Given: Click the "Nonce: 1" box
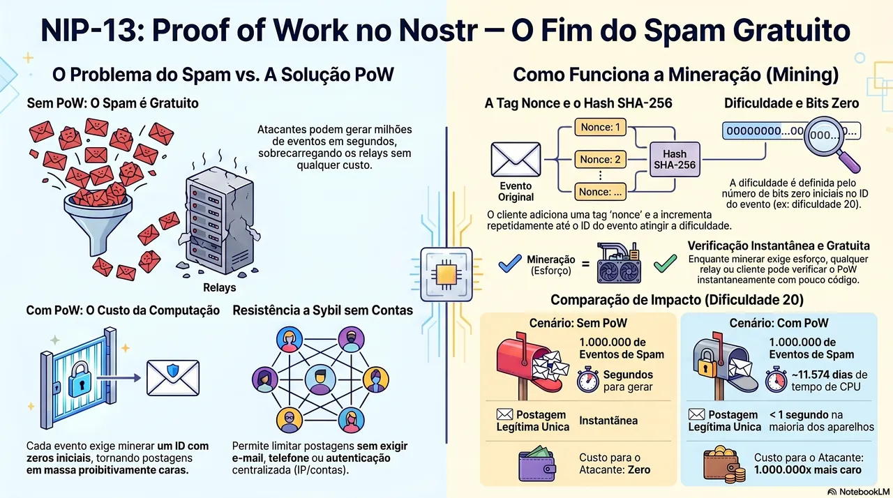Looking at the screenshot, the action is pos(600,127).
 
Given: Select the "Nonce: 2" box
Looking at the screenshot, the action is pos(600,159).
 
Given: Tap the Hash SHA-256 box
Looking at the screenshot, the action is pos(675,159).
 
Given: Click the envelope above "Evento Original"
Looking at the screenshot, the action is pos(516,159).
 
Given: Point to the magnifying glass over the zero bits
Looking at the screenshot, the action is pos(830,142).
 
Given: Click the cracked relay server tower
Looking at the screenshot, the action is pos(220,221).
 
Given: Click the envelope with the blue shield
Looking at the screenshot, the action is pos(172,377).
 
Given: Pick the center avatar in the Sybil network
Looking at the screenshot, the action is pos(320,379).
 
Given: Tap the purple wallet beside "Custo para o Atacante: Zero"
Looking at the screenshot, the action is pos(537,463).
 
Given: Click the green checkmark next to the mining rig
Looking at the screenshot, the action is pos(666,264).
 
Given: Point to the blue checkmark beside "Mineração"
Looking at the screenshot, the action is pos(510,264).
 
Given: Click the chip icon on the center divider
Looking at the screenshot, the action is pos(446,275).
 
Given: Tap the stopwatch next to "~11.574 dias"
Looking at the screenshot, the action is pos(776,379).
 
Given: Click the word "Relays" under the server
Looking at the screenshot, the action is pos(219,287).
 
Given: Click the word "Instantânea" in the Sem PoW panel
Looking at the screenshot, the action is pos(608,421).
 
